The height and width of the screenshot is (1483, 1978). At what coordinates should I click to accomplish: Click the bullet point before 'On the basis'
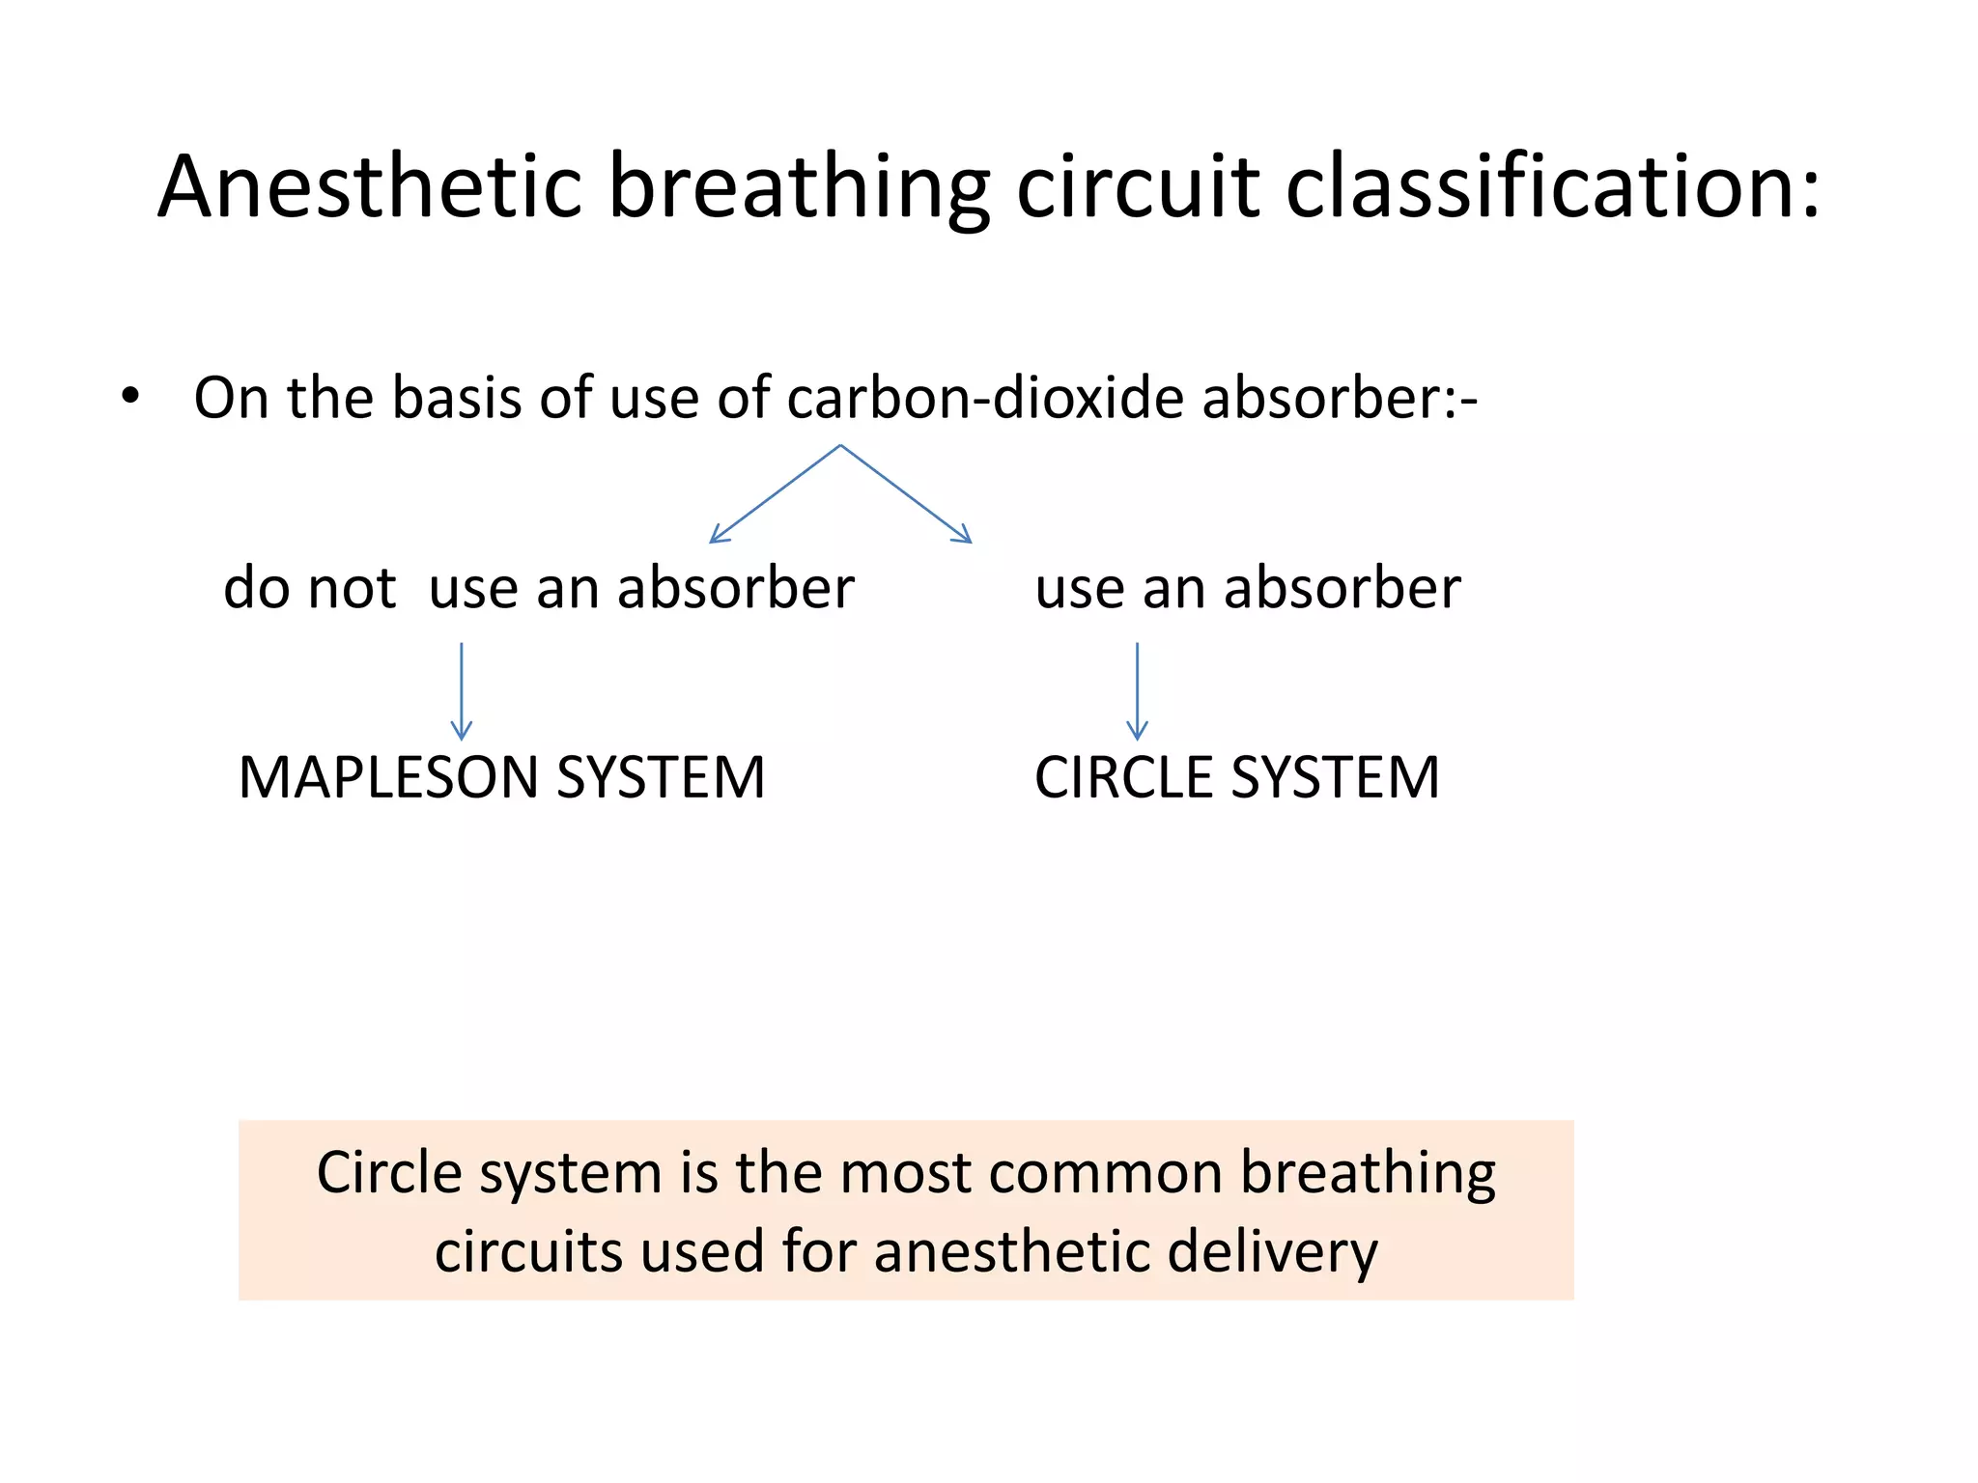click(130, 397)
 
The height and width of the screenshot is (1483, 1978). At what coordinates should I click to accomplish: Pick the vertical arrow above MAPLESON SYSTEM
click(462, 691)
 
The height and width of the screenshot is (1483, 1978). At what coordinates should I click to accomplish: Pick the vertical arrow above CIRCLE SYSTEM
click(1138, 691)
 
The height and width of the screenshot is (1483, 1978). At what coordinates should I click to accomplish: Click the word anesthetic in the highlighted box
click(1012, 1251)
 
